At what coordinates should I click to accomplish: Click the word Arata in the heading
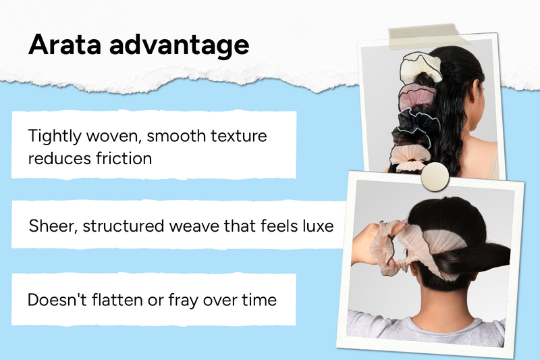[x=65, y=45]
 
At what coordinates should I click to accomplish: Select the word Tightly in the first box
[x=55, y=136]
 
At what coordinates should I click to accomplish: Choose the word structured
[x=124, y=226]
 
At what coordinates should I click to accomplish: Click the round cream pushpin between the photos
[x=435, y=177]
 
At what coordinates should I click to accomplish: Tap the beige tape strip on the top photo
[x=428, y=36]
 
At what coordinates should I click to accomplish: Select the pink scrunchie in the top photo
[x=416, y=97]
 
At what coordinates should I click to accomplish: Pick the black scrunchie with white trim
[x=416, y=127]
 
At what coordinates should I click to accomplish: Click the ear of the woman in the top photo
[x=475, y=91]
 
